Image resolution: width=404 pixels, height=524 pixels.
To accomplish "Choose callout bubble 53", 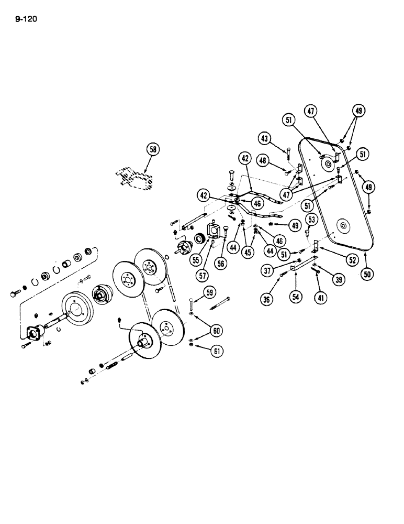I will [311, 219].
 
